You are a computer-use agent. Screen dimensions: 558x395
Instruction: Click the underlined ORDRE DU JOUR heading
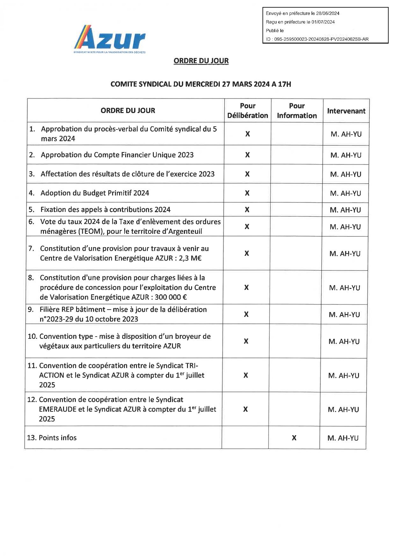[x=201, y=60]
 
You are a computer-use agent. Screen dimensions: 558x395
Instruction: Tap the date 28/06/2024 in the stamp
[x=327, y=13]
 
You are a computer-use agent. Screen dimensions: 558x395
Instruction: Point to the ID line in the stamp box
[x=317, y=39]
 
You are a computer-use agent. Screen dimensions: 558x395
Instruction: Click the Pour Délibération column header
[x=248, y=111]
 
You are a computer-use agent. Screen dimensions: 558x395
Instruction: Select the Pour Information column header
[x=297, y=111]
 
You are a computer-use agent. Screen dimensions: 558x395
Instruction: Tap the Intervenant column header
[x=346, y=111]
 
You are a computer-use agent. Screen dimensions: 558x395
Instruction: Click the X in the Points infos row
[x=294, y=438]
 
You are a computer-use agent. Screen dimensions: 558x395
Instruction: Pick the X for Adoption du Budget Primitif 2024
[x=247, y=193]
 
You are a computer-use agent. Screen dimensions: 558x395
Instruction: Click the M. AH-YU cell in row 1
[x=346, y=134]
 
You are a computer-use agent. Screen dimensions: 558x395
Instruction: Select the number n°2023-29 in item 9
[x=56, y=319]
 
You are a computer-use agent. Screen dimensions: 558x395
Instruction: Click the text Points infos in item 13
[x=58, y=438]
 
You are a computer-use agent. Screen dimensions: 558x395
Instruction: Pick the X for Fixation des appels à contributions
[x=247, y=210]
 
